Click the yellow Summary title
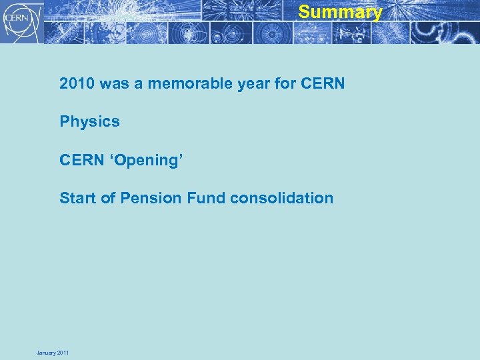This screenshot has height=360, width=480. (340, 12)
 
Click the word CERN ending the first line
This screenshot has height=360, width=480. (323, 84)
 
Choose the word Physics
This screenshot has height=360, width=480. (89, 122)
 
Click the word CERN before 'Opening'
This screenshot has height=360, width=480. (81, 160)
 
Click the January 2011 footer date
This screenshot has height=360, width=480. (53, 353)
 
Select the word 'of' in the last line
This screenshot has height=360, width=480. (107, 198)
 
